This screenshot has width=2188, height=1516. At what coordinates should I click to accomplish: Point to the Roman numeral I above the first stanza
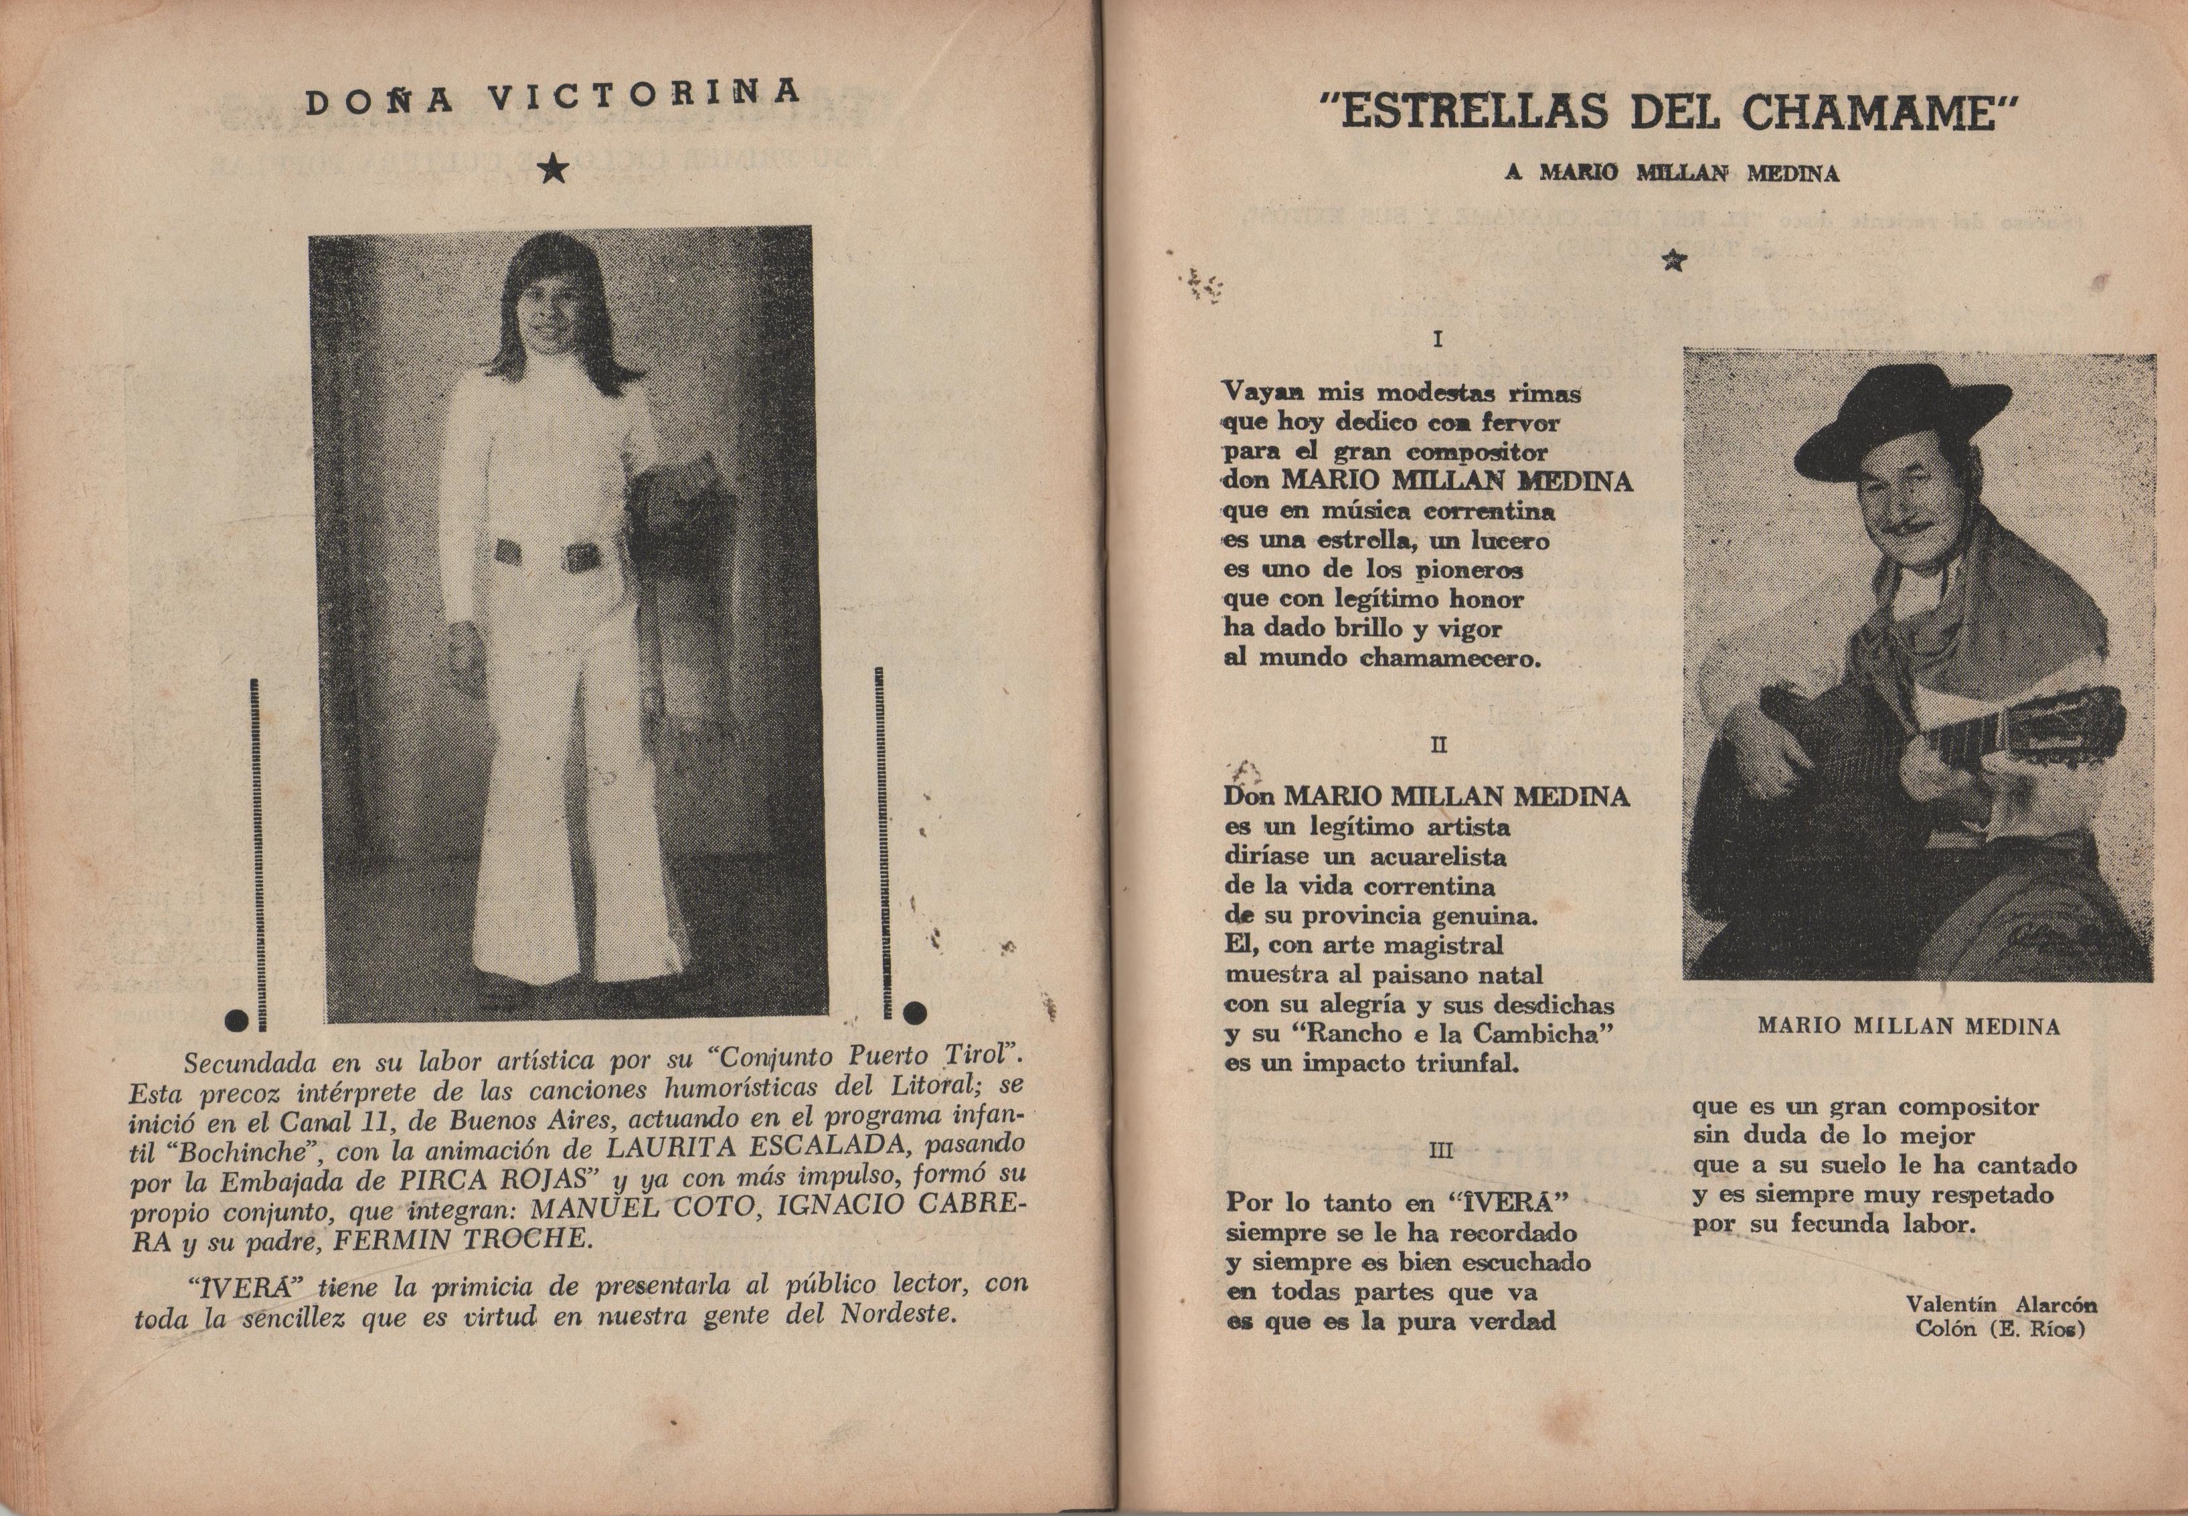point(1440,338)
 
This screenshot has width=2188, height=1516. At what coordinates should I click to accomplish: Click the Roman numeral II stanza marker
point(1439,746)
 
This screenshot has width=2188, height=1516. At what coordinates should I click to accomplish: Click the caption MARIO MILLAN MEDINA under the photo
point(1909,1027)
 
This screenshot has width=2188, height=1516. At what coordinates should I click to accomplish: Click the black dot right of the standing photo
point(916,1013)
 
